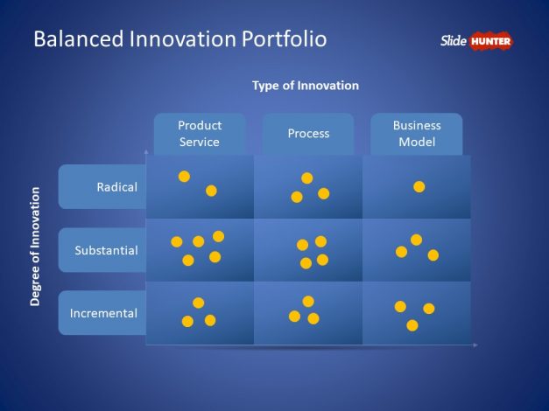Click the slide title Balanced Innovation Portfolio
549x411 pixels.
pyautogui.click(x=179, y=39)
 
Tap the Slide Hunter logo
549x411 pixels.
pyautogui.click(x=476, y=40)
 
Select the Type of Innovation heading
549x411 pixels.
pyautogui.click(x=306, y=86)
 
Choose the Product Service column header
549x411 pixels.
pyautogui.click(x=199, y=134)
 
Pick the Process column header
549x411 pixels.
pyautogui.click(x=308, y=134)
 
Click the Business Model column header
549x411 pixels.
pyautogui.click(x=417, y=134)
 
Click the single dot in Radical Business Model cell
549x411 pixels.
pyautogui.click(x=419, y=186)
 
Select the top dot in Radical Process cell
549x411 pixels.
pyautogui.click(x=307, y=178)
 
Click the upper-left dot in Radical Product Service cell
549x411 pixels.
pyautogui.click(x=184, y=177)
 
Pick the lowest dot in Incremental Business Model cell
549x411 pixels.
pyautogui.click(x=412, y=325)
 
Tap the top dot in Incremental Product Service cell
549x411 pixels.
pyautogui.click(x=199, y=303)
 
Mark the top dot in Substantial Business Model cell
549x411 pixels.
pyautogui.click(x=416, y=240)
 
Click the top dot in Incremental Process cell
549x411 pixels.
pyautogui.click(x=308, y=301)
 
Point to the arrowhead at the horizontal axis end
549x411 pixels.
pyautogui.click(x=475, y=345)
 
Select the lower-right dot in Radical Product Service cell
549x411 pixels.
pyautogui.click(x=211, y=191)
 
